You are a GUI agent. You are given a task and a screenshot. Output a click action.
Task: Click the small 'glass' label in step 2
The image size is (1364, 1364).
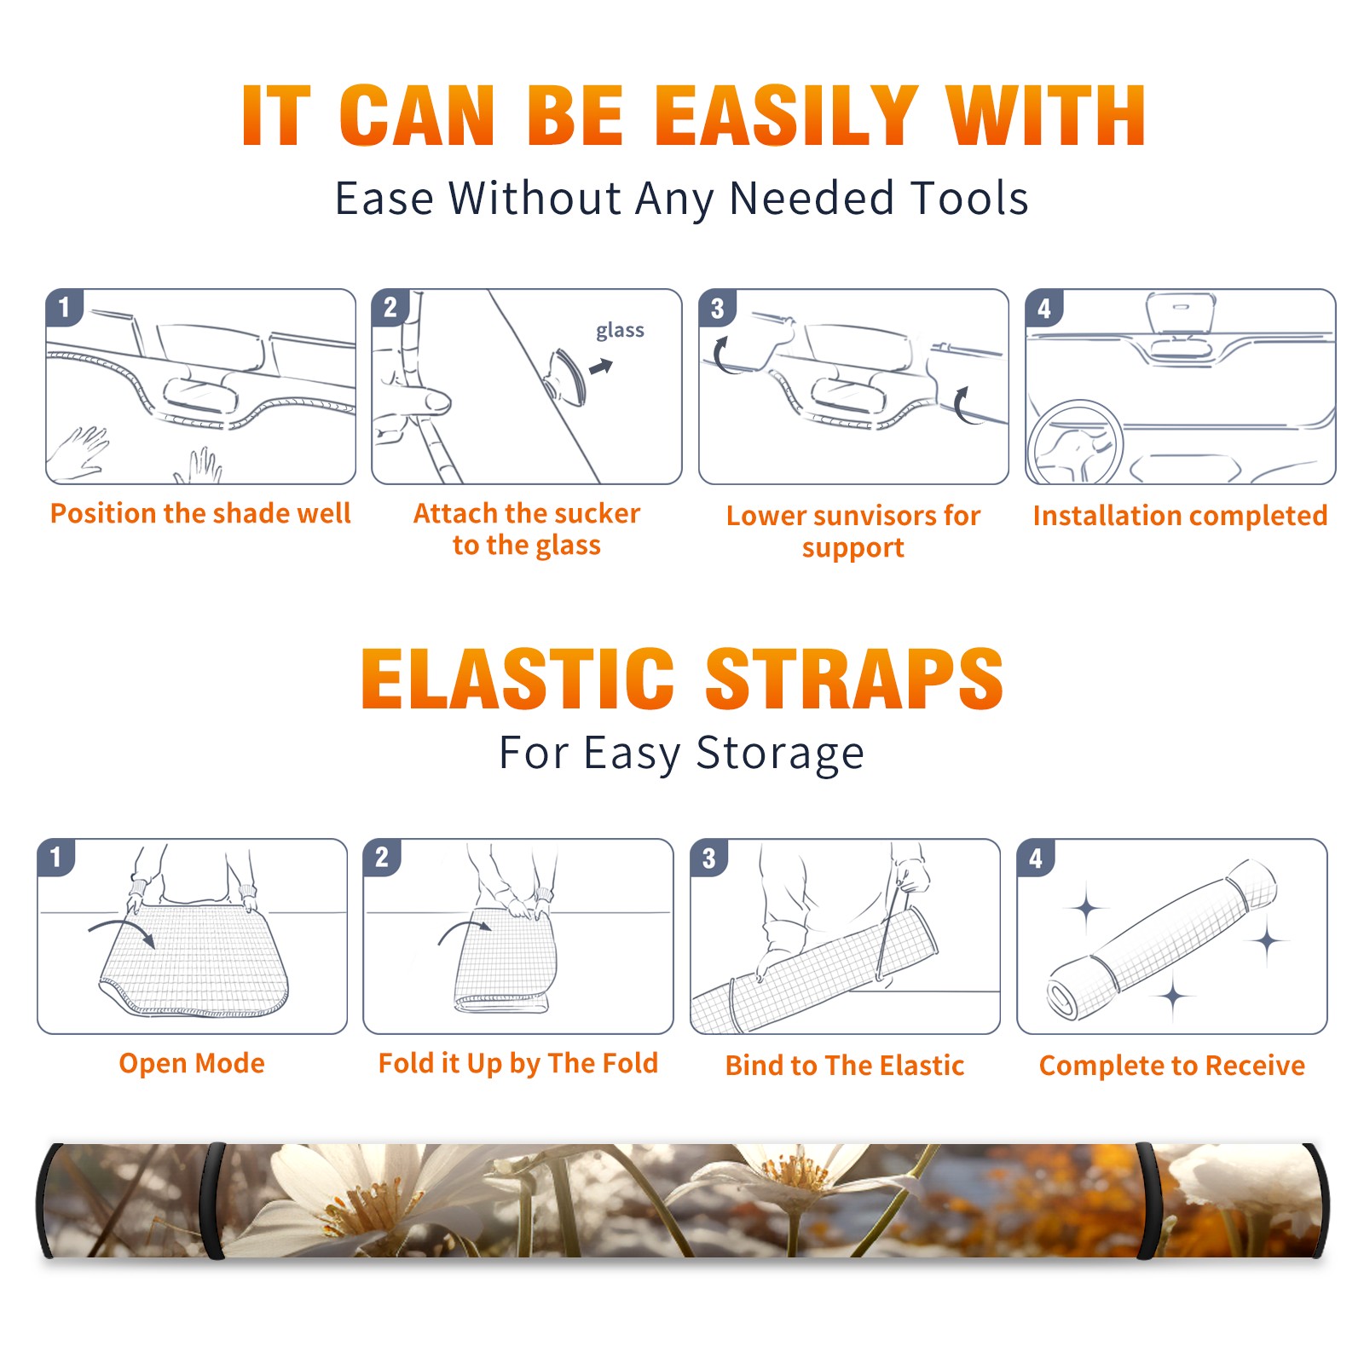point(620,331)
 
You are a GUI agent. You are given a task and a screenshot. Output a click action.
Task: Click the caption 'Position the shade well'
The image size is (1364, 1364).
point(200,513)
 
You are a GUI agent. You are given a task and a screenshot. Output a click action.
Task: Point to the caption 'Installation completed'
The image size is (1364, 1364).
point(1180,515)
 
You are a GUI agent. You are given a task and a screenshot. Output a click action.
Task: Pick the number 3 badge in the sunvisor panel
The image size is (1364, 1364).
point(717,308)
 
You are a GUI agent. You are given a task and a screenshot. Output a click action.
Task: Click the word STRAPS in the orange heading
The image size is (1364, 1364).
point(854,679)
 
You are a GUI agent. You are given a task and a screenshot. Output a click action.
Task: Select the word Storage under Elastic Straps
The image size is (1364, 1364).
point(780,754)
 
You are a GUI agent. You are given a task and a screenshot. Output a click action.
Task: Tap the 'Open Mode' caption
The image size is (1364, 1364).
point(192,1063)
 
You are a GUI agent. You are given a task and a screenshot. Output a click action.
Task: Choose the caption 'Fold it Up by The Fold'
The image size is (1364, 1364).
point(518,1063)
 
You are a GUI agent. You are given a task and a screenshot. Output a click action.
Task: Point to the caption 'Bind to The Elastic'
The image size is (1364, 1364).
point(845,1066)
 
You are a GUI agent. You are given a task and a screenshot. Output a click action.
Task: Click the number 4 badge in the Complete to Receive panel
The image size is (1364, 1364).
point(1036,858)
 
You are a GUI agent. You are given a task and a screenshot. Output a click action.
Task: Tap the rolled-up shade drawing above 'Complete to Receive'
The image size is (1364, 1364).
point(1162,939)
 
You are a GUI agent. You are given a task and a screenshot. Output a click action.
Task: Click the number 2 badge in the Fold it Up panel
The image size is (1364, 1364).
point(381,858)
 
